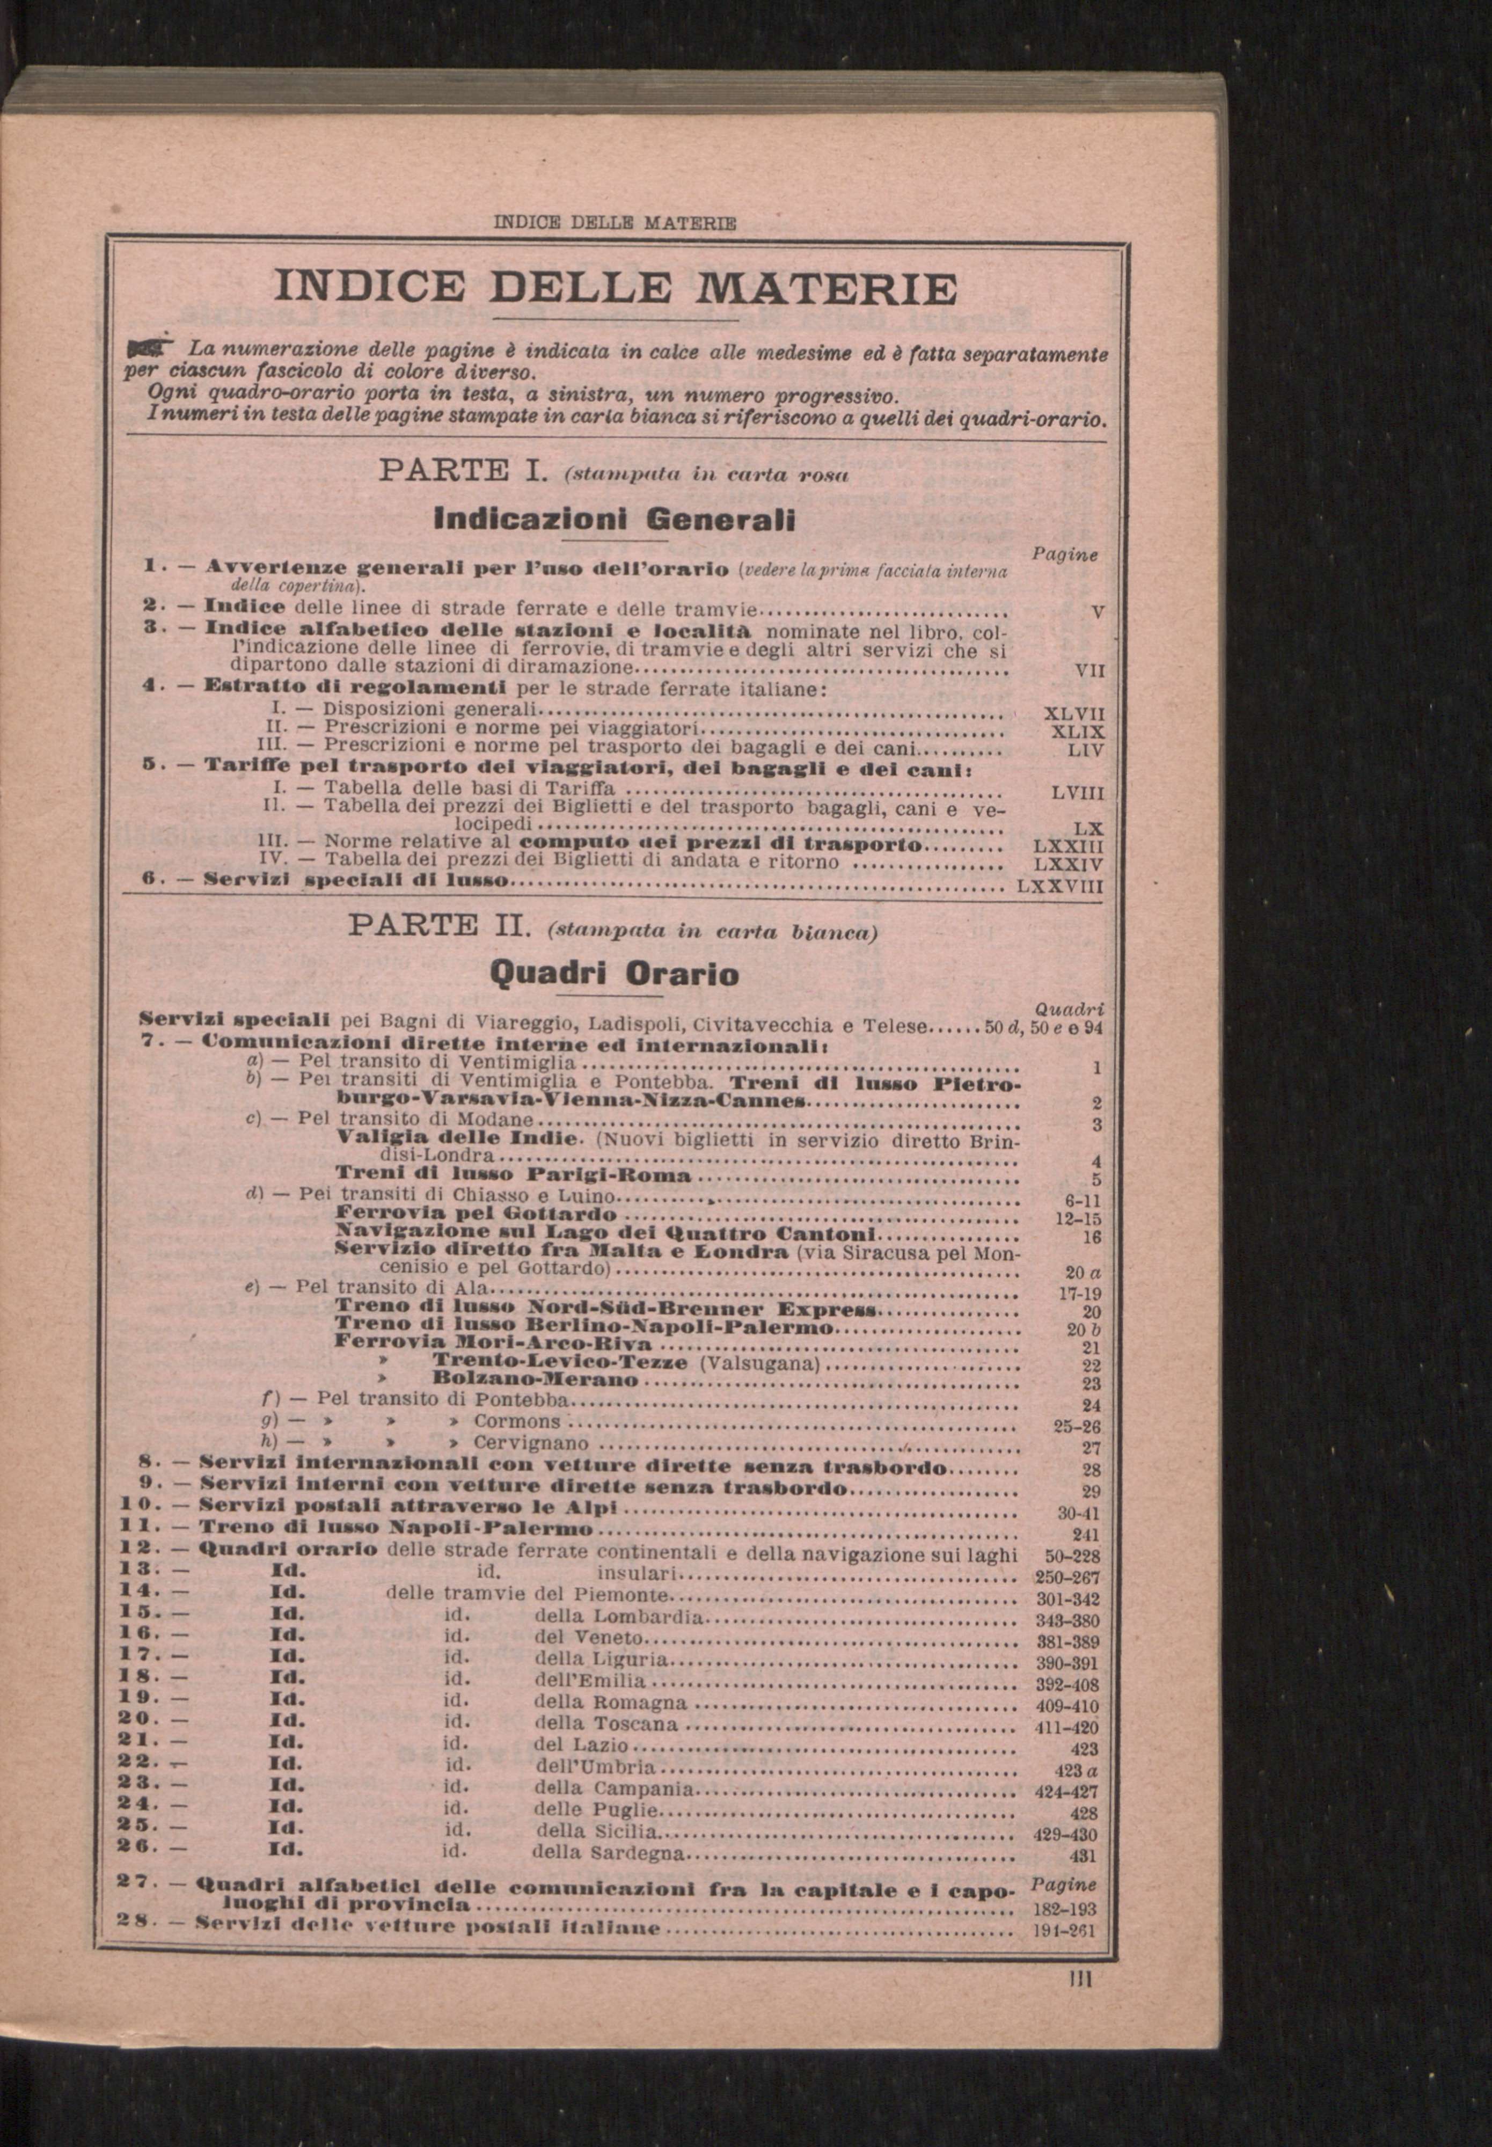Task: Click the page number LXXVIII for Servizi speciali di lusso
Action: click(1059, 884)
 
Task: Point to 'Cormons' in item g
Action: click(517, 1422)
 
